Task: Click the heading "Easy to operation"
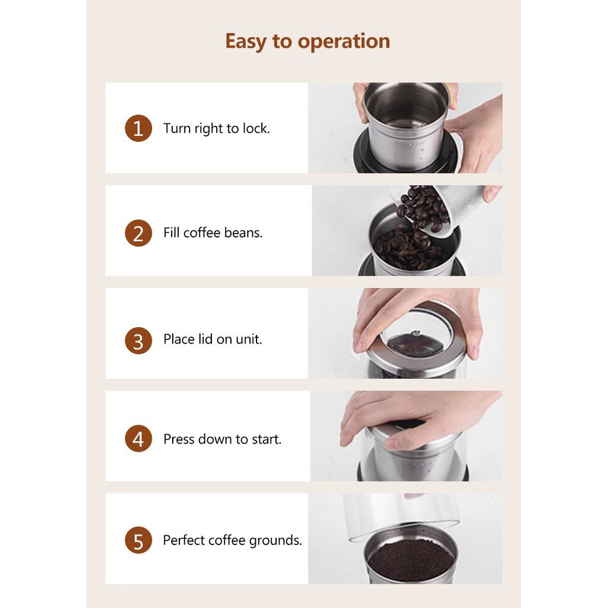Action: click(x=308, y=41)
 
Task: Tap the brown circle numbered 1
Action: click(x=138, y=128)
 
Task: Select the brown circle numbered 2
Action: click(x=138, y=233)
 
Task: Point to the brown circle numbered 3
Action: click(x=138, y=340)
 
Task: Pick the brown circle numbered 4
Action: click(x=138, y=439)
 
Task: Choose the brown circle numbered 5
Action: click(x=138, y=540)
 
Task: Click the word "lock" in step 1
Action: click(x=255, y=128)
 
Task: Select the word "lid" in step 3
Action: click(x=205, y=339)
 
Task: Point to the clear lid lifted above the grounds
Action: click(x=401, y=516)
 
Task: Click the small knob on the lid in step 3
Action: click(x=416, y=332)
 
